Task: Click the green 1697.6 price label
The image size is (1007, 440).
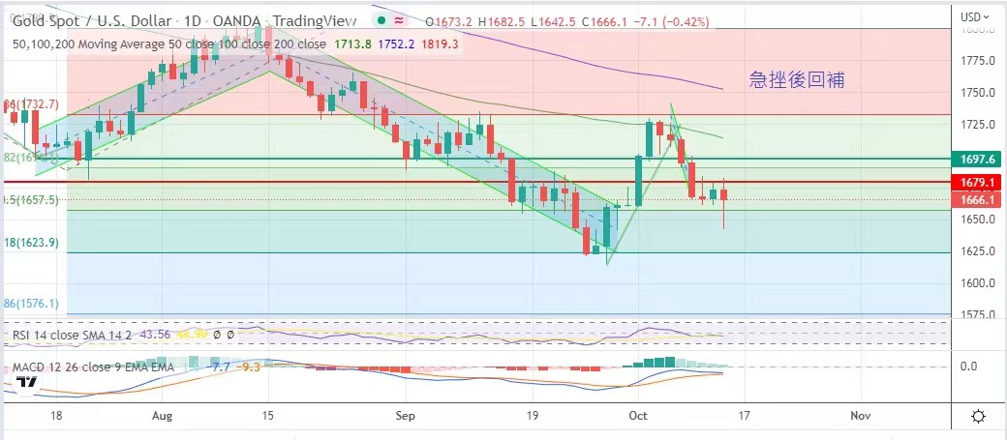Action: pos(974,158)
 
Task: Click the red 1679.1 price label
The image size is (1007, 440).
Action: pos(974,182)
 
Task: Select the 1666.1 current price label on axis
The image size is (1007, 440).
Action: pos(974,199)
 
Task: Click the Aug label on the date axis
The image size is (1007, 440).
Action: pos(162,415)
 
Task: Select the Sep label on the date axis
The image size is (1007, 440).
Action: pos(406,415)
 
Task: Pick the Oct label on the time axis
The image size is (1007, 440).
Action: pos(636,415)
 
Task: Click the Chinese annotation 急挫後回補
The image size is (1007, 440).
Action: pos(797,80)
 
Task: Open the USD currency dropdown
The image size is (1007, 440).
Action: pos(974,16)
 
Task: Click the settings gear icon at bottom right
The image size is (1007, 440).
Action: pos(978,416)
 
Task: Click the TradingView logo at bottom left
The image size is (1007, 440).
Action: pos(26,381)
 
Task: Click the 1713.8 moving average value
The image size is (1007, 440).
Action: pos(352,44)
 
